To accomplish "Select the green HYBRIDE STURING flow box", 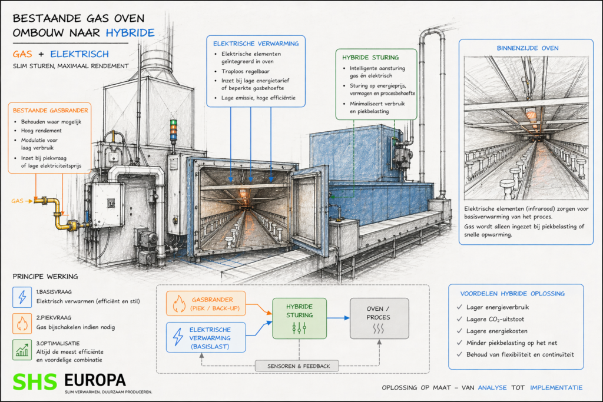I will (299, 317).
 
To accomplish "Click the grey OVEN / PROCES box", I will (379, 317).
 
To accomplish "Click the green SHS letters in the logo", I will (36, 380).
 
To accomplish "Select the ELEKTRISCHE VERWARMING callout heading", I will (256, 43).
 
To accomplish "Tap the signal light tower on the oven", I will (173, 131).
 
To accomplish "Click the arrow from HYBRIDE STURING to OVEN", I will (338, 317).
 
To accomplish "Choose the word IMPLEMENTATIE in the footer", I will (556, 387).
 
